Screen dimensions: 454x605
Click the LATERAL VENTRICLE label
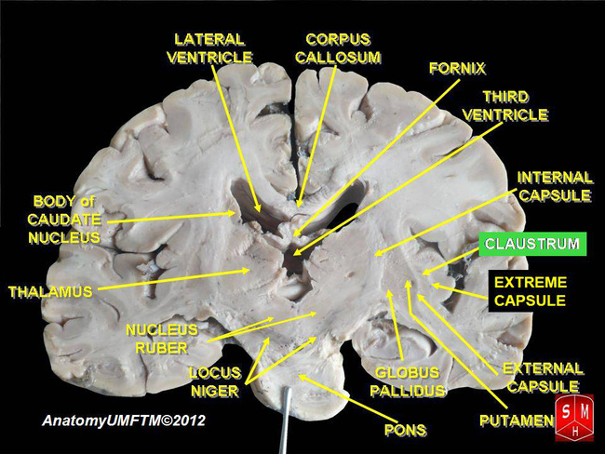tap(209, 47)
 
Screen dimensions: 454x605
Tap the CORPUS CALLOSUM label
tap(339, 47)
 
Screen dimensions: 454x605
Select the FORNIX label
tap(458, 68)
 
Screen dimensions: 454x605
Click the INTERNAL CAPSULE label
tap(555, 186)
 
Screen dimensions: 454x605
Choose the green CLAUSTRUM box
tap(533, 245)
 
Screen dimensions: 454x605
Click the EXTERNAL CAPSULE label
tap(541, 377)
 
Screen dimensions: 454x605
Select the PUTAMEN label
tap(516, 421)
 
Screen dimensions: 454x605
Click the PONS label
tap(406, 430)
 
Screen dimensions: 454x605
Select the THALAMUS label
tap(50, 292)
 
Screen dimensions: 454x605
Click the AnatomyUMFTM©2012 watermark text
tap(124, 421)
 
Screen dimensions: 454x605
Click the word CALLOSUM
tap(339, 57)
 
